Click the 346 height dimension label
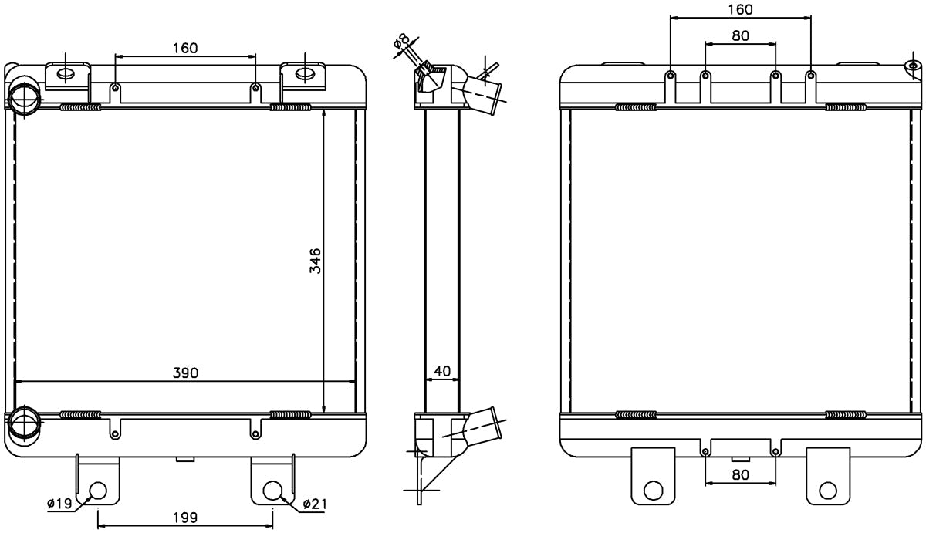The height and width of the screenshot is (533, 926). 315,261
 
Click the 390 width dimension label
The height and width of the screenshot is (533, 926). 186,373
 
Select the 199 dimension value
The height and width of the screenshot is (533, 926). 185,518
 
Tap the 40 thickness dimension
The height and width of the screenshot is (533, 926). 442,371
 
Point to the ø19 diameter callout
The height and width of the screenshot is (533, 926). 59,503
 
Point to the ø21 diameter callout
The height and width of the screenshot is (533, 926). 315,504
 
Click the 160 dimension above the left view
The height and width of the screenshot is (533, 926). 185,48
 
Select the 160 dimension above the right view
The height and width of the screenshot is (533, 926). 740,9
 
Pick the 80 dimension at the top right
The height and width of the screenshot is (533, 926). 740,36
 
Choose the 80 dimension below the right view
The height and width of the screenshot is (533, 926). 740,474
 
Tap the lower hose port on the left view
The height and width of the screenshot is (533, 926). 25,423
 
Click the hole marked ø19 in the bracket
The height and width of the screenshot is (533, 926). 99,491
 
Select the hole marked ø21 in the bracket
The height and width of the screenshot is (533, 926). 272,491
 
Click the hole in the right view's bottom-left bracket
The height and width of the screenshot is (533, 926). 654,491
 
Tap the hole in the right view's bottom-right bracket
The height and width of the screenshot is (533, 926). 828,491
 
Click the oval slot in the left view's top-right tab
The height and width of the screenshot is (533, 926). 305,74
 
